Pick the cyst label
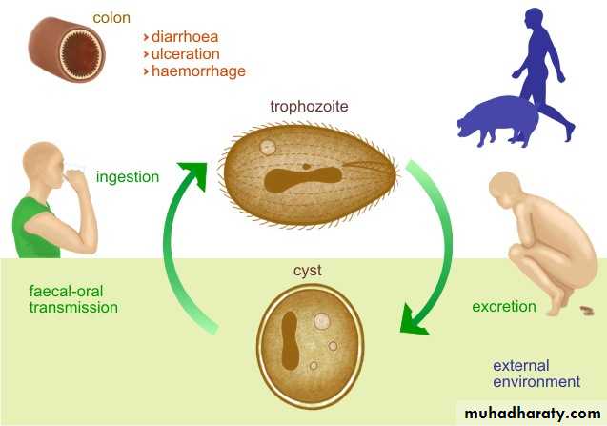coord(307,272)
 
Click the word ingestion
coord(128,176)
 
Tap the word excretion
coord(504,307)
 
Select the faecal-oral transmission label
coord(73,299)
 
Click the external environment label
coord(536,374)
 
